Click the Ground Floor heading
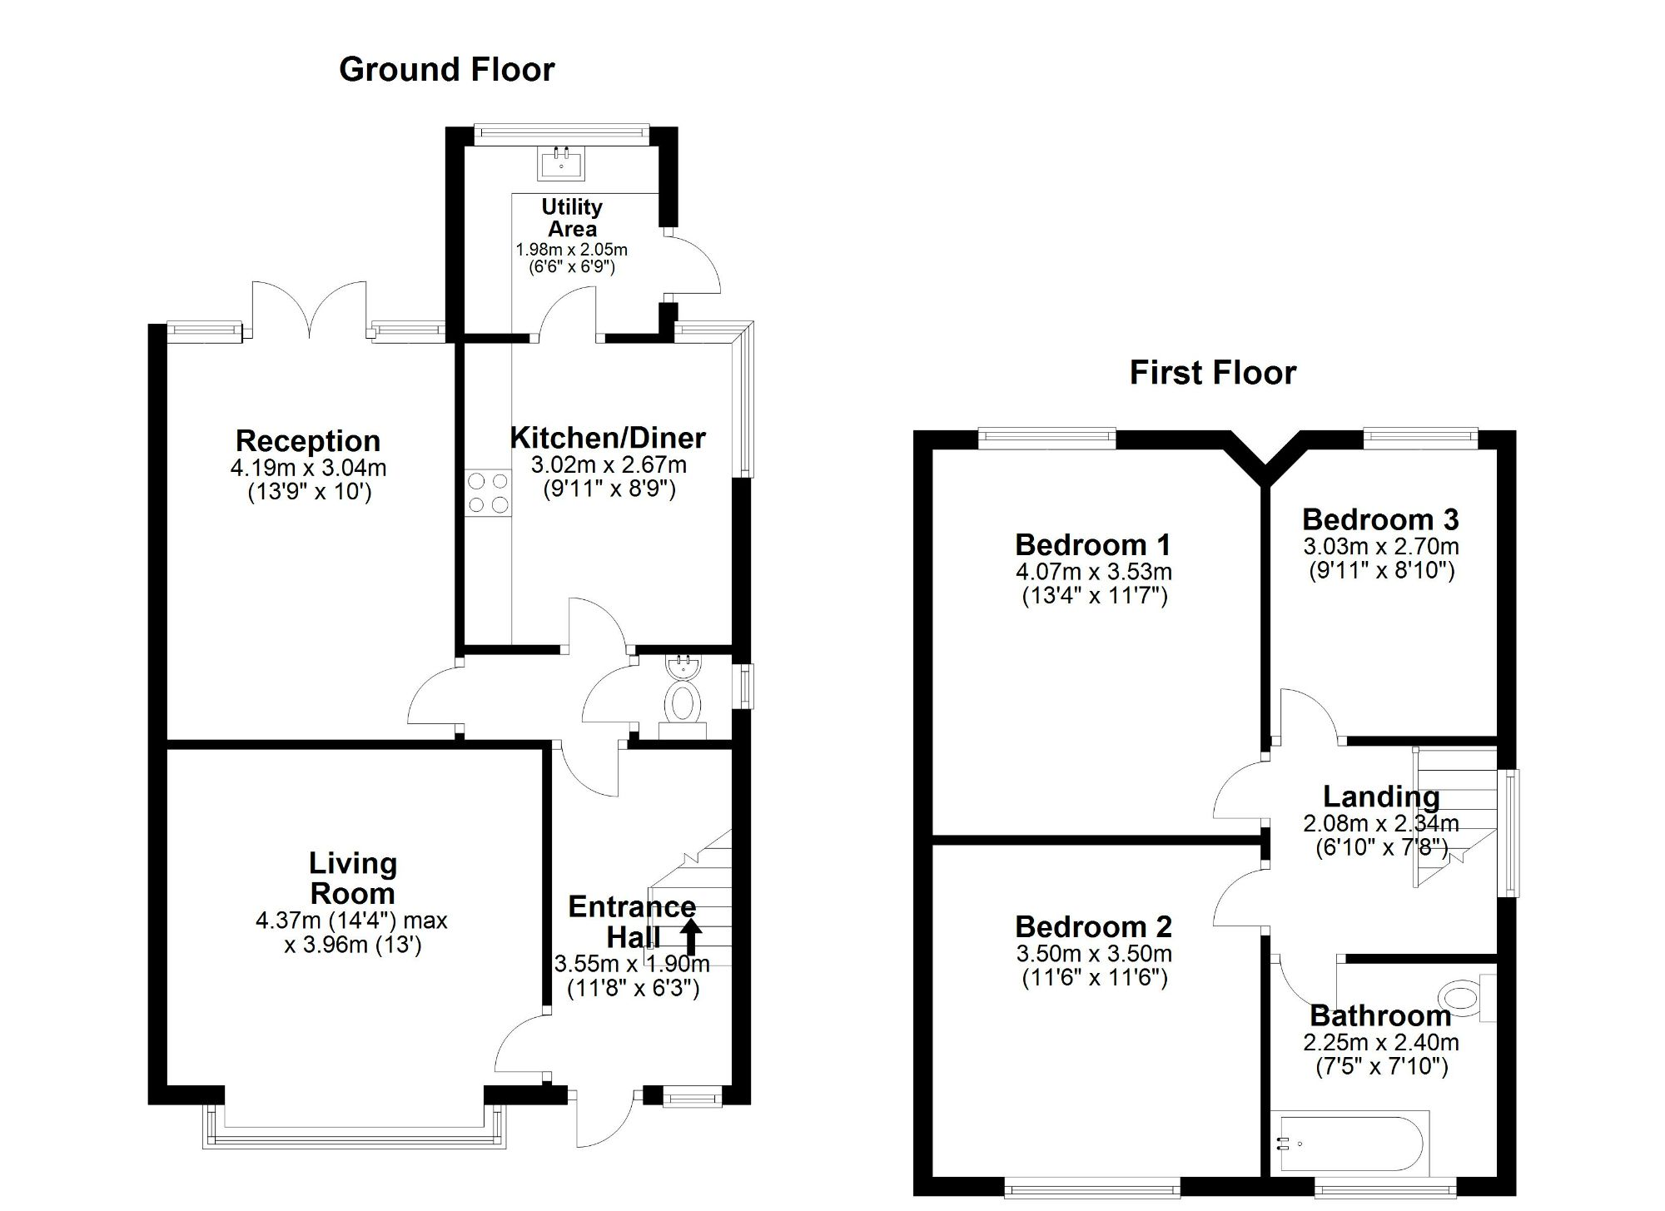(446, 69)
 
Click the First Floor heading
(1212, 372)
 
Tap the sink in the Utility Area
(561, 163)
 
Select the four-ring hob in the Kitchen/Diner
(489, 492)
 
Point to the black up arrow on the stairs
(691, 936)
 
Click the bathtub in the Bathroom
(1349, 1144)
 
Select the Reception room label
(308, 440)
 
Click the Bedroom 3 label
(1380, 519)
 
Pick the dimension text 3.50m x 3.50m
(1094, 954)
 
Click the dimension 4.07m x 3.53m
(1094, 572)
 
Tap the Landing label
(1381, 797)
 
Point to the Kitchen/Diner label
(608, 438)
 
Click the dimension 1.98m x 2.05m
(572, 250)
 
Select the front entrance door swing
(601, 1119)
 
